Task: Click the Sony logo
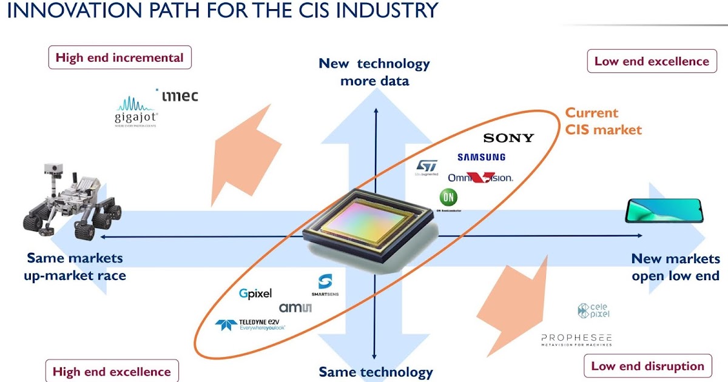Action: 508,138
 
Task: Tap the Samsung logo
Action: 481,158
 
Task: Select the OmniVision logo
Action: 480,178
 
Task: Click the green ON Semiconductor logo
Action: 449,198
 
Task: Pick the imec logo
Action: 177,95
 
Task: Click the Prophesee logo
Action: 576,339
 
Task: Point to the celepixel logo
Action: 594,310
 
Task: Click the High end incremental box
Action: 120,58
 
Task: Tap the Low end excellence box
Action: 652,61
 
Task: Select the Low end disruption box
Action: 647,366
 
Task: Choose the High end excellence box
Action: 112,372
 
